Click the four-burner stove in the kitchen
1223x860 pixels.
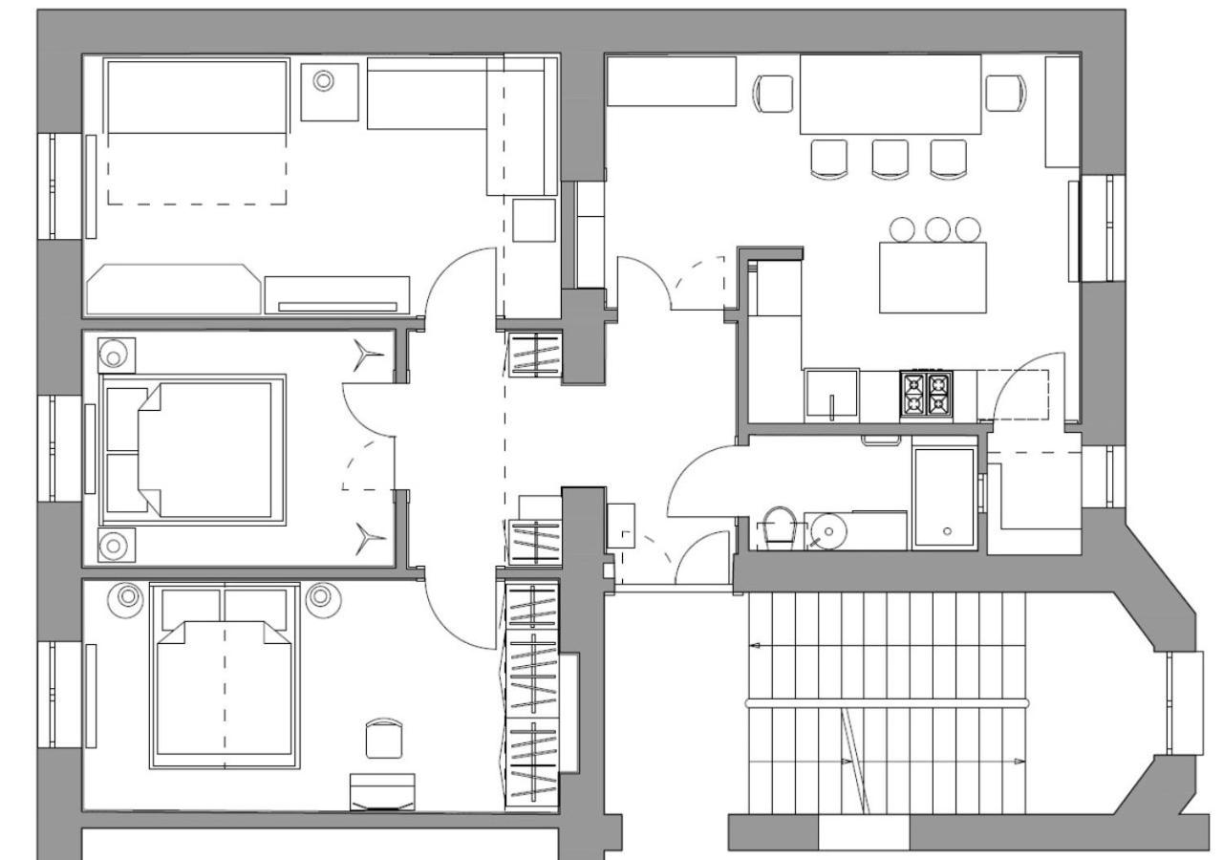(926, 395)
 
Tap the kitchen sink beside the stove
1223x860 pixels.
(831, 395)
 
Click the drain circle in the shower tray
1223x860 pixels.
(947, 530)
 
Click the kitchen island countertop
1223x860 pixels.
(933, 277)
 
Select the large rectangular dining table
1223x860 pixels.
(890, 94)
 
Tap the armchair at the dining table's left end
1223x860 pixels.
(773, 94)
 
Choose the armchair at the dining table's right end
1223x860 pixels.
(1006, 93)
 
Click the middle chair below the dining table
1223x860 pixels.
(890, 159)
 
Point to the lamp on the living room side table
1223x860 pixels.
(324, 81)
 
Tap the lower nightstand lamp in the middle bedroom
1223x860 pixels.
(115, 546)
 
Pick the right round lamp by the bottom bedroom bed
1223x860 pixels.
(320, 597)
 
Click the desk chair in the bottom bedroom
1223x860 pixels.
(384, 738)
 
